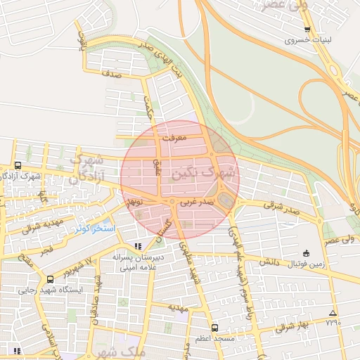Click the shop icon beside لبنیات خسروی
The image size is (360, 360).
pyautogui.click(x=307, y=30)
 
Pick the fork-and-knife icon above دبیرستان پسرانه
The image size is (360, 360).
pyautogui.click(x=138, y=246)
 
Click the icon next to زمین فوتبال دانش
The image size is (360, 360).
pyautogui.click(x=305, y=253)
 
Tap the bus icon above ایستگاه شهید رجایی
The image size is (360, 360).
pyautogui.click(x=49, y=279)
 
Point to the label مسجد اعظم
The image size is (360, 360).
pyautogui.click(x=214, y=339)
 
